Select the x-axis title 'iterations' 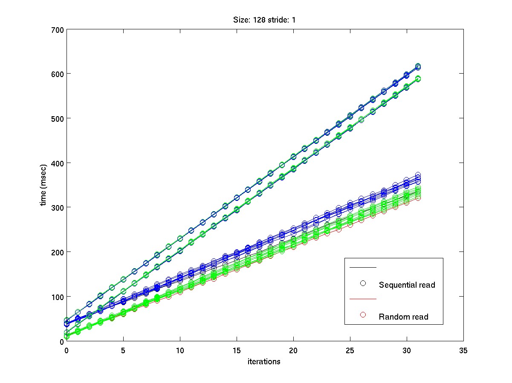pyautogui.click(x=264, y=362)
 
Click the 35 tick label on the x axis pyautogui.click(x=463, y=350)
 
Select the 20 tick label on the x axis pyautogui.click(x=293, y=350)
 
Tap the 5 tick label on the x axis pyautogui.click(x=123, y=350)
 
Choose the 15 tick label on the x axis pyautogui.click(x=237, y=350)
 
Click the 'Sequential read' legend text pyautogui.click(x=407, y=285)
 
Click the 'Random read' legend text pyautogui.click(x=403, y=317)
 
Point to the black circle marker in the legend pyautogui.click(x=363, y=283)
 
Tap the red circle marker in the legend pyautogui.click(x=363, y=315)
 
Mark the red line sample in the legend pyautogui.click(x=363, y=299)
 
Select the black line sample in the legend pyautogui.click(x=363, y=267)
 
